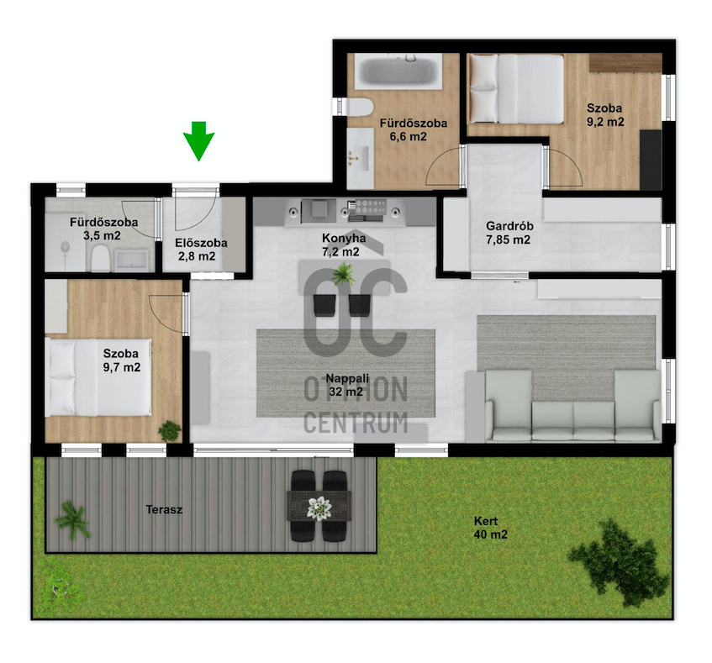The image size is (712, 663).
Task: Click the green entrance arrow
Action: click(x=198, y=140)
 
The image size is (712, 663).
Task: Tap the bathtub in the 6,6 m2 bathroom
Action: click(x=398, y=71)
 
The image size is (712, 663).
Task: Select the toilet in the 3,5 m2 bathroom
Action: click(x=100, y=259)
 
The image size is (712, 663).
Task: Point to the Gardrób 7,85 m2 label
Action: click(x=509, y=233)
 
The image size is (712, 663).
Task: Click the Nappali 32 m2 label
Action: click(x=347, y=385)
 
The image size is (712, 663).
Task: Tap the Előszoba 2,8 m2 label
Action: click(x=201, y=250)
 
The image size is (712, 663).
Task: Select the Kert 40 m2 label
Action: click(x=490, y=528)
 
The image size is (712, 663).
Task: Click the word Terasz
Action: click(x=164, y=509)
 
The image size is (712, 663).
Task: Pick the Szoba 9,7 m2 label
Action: click(x=121, y=360)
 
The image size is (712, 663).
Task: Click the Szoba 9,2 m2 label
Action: click(x=605, y=115)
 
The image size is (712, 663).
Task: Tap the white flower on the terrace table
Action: click(x=320, y=508)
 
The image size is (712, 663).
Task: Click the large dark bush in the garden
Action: click(x=618, y=562)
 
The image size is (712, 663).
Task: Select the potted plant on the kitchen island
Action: click(x=343, y=274)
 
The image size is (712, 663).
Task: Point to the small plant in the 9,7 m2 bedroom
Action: click(x=170, y=430)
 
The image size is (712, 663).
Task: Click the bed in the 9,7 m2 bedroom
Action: click(x=98, y=377)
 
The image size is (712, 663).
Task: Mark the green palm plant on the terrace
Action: click(x=71, y=519)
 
